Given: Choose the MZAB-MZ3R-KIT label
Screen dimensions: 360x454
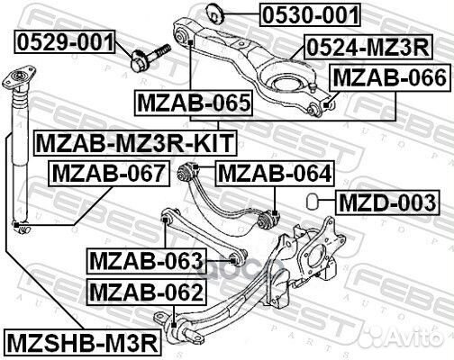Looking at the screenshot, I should tap(132, 142).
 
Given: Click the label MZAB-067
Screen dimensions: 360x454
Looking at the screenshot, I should tap(107, 172).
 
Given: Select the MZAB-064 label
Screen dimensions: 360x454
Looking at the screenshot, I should tap(274, 172).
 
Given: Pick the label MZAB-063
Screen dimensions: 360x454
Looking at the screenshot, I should tap(146, 261).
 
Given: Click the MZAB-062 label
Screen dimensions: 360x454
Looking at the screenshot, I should tap(145, 292).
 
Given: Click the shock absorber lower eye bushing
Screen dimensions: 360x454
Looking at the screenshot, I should tap(16, 223).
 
